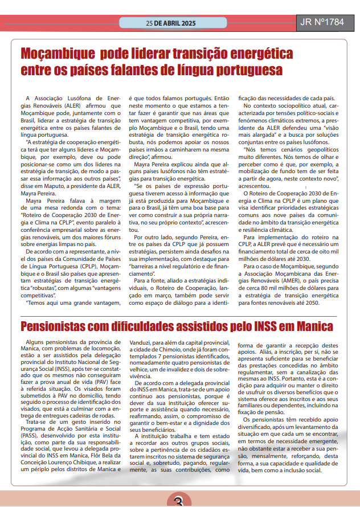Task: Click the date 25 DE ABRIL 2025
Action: [170, 23]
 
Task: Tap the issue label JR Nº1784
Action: [322, 23]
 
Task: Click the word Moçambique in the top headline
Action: [58, 55]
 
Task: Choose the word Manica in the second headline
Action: [313, 326]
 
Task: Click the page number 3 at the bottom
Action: [179, 500]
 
